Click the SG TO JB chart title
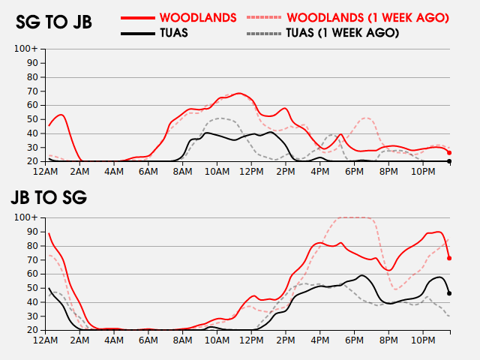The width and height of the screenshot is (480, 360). point(54,22)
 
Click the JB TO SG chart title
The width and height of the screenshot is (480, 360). point(49,197)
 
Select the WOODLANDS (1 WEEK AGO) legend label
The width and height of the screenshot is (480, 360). point(367,18)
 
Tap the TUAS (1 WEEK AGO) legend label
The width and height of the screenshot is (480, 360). point(343,33)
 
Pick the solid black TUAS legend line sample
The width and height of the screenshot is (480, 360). point(138,33)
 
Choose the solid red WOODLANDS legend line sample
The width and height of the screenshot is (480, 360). point(138,18)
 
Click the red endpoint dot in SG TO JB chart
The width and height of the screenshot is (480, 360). point(449,153)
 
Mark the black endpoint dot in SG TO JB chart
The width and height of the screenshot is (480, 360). point(449,161)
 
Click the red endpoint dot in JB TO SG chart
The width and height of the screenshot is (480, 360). point(449,258)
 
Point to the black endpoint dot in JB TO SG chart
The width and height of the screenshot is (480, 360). point(449,293)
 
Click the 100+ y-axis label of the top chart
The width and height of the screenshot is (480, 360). point(26,49)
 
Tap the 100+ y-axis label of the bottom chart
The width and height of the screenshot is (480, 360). point(26,217)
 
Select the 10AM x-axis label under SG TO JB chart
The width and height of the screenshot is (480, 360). point(217,172)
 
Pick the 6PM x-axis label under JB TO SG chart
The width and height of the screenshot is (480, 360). point(354,340)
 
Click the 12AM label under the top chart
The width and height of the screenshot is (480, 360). point(45,172)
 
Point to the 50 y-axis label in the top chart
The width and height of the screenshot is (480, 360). point(32,119)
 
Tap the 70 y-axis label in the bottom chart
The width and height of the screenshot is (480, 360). point(32,260)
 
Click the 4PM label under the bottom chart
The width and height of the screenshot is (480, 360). point(320,340)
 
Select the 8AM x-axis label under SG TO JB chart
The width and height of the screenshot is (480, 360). point(183,172)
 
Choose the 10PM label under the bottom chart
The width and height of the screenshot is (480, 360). point(423,340)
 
